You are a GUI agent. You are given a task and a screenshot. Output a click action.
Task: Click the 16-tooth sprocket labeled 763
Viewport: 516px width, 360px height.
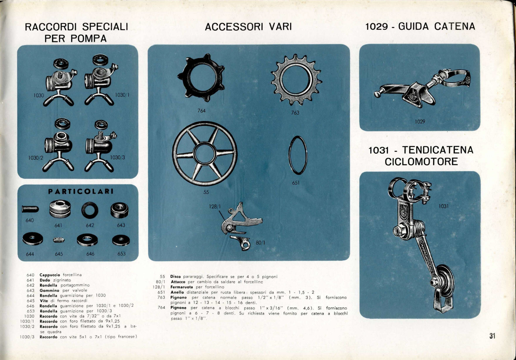click(x=296, y=80)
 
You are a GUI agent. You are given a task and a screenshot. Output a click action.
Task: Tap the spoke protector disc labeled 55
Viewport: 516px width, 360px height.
click(x=205, y=154)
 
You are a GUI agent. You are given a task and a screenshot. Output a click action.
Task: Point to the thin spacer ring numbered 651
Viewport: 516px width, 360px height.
click(x=298, y=155)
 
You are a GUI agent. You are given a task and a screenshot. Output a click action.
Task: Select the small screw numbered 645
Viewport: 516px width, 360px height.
click(x=59, y=240)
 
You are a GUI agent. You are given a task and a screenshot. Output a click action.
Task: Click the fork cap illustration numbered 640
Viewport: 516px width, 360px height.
click(x=30, y=209)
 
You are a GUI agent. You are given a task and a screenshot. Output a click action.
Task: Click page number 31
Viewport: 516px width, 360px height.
click(x=492, y=336)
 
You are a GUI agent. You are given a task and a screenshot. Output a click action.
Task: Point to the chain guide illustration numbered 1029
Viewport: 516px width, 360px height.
click(x=422, y=88)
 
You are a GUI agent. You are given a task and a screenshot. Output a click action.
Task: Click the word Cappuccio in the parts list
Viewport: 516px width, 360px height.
click(x=50, y=275)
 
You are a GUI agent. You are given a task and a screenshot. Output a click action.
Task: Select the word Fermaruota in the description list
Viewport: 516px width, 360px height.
click(x=182, y=287)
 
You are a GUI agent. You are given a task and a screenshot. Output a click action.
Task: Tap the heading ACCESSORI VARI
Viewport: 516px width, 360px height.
click(x=248, y=27)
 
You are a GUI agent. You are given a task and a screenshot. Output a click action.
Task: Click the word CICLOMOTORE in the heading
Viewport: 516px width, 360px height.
click(x=421, y=162)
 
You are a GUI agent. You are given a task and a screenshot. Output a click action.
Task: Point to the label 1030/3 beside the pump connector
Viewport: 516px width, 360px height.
click(x=117, y=157)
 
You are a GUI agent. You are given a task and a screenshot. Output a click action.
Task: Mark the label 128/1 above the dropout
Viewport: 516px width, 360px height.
click(x=215, y=206)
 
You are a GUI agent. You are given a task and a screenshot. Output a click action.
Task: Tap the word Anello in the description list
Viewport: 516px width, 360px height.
click(x=177, y=292)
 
